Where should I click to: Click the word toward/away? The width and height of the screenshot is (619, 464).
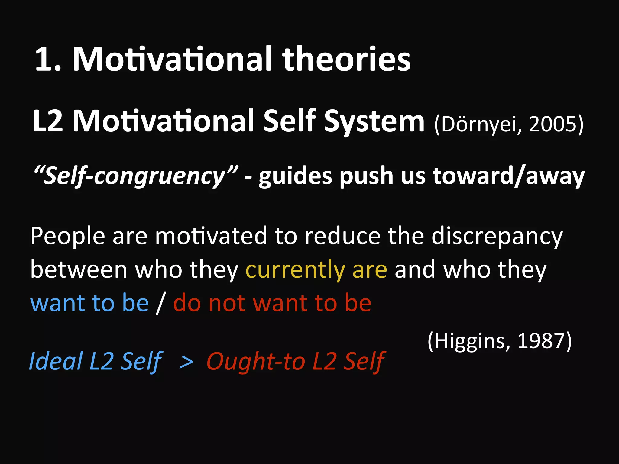click(x=508, y=176)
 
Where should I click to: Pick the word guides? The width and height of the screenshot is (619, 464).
click(x=295, y=176)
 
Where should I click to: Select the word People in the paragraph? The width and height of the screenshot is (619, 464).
click(x=67, y=236)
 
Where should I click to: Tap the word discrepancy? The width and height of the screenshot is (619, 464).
click(x=497, y=236)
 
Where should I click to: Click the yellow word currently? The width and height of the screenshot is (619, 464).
click(x=295, y=269)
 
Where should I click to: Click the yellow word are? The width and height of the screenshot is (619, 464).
click(x=369, y=269)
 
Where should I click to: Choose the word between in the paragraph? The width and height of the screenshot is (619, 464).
click(x=79, y=269)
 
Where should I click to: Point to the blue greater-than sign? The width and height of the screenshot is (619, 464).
click(x=186, y=362)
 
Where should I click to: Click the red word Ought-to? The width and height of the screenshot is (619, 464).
click(x=256, y=362)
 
